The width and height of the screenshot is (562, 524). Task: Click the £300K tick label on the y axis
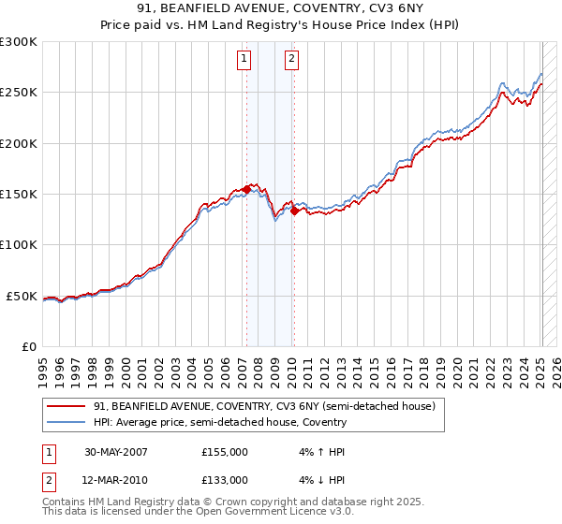pos(18,42)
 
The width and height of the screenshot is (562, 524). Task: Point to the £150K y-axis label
pos(18,195)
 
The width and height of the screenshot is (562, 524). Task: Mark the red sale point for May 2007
pos(246,189)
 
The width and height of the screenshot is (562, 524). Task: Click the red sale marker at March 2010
pos(293,211)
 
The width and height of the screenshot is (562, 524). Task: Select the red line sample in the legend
pos(66,407)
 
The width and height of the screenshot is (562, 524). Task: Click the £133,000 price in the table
pos(225,480)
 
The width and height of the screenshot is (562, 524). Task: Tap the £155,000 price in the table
pos(225,452)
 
